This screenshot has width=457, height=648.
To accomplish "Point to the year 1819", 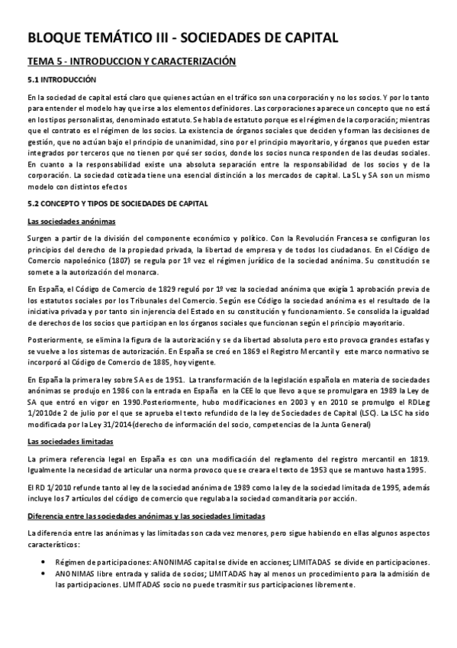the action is pyautogui.click(x=414, y=458).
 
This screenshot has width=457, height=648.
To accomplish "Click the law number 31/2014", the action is pyautogui.click(x=104, y=422).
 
